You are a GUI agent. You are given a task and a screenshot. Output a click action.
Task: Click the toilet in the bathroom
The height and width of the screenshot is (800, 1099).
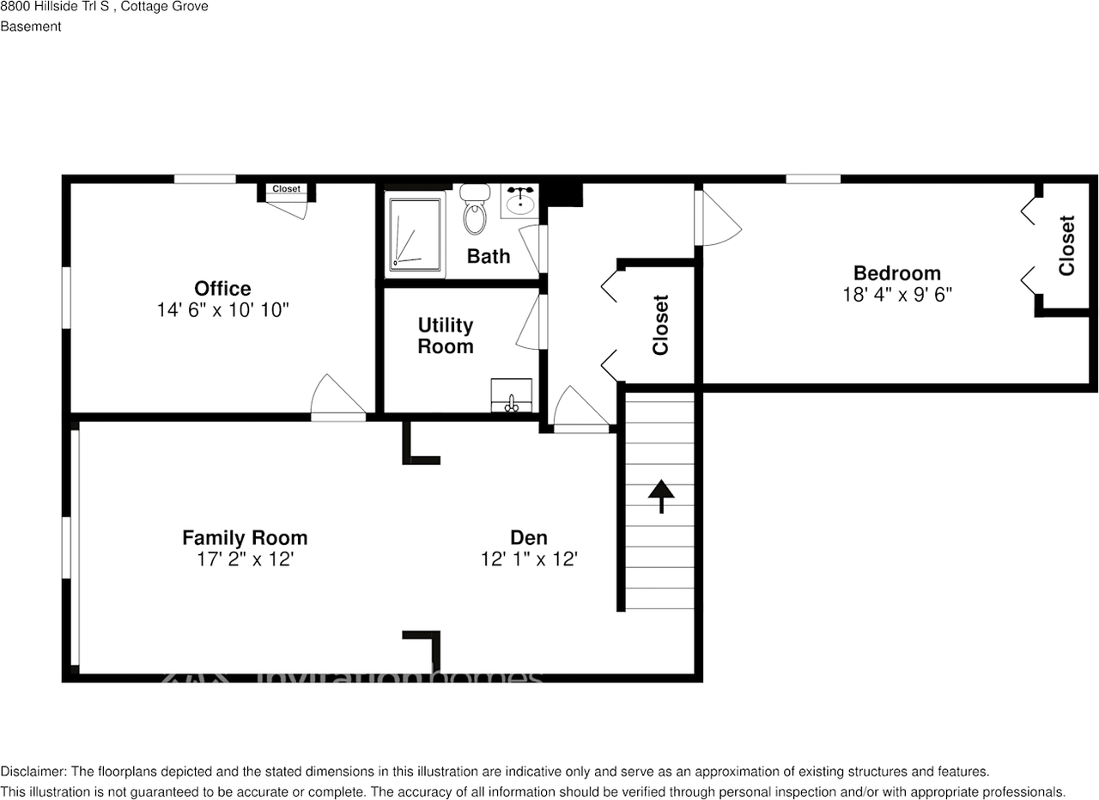(x=474, y=211)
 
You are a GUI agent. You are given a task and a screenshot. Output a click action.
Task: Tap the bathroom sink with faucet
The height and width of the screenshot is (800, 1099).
(x=520, y=202)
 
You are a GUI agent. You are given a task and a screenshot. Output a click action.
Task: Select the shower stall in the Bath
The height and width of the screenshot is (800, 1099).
(x=415, y=235)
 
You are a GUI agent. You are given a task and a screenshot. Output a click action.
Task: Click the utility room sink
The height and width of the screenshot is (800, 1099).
(x=511, y=397)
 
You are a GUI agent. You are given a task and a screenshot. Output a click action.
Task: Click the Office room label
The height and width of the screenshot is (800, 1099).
(x=222, y=289)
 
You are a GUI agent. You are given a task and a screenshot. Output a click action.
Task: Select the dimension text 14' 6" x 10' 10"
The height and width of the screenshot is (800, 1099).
(x=222, y=310)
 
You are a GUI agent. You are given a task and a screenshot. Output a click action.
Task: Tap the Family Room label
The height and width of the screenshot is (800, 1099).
(x=245, y=538)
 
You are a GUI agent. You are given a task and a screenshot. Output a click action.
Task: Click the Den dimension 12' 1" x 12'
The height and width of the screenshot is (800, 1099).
(x=529, y=559)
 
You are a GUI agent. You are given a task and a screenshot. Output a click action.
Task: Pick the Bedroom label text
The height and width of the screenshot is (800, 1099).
(x=897, y=273)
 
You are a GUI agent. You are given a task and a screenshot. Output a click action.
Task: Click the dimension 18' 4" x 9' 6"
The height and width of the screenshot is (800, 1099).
(x=897, y=294)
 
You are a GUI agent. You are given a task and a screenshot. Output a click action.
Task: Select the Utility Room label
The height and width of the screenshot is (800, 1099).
(x=446, y=336)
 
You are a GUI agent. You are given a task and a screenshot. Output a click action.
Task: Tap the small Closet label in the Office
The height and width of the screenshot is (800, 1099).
(x=287, y=189)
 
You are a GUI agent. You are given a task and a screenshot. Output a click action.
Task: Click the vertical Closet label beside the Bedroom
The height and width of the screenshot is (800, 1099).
(x=1067, y=246)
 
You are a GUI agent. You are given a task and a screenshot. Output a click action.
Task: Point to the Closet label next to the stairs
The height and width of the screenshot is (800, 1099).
(x=660, y=325)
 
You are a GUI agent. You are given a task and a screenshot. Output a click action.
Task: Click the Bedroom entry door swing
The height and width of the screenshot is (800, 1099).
(x=720, y=218)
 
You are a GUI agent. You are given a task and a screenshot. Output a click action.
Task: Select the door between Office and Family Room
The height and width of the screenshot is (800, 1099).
(x=338, y=400)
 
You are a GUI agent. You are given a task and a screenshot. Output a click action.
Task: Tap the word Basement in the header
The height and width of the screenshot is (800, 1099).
(x=31, y=27)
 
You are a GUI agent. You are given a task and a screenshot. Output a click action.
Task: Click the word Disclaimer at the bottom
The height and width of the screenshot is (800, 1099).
(x=31, y=772)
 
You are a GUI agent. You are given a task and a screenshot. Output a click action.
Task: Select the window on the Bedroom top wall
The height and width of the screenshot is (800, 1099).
(x=812, y=179)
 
